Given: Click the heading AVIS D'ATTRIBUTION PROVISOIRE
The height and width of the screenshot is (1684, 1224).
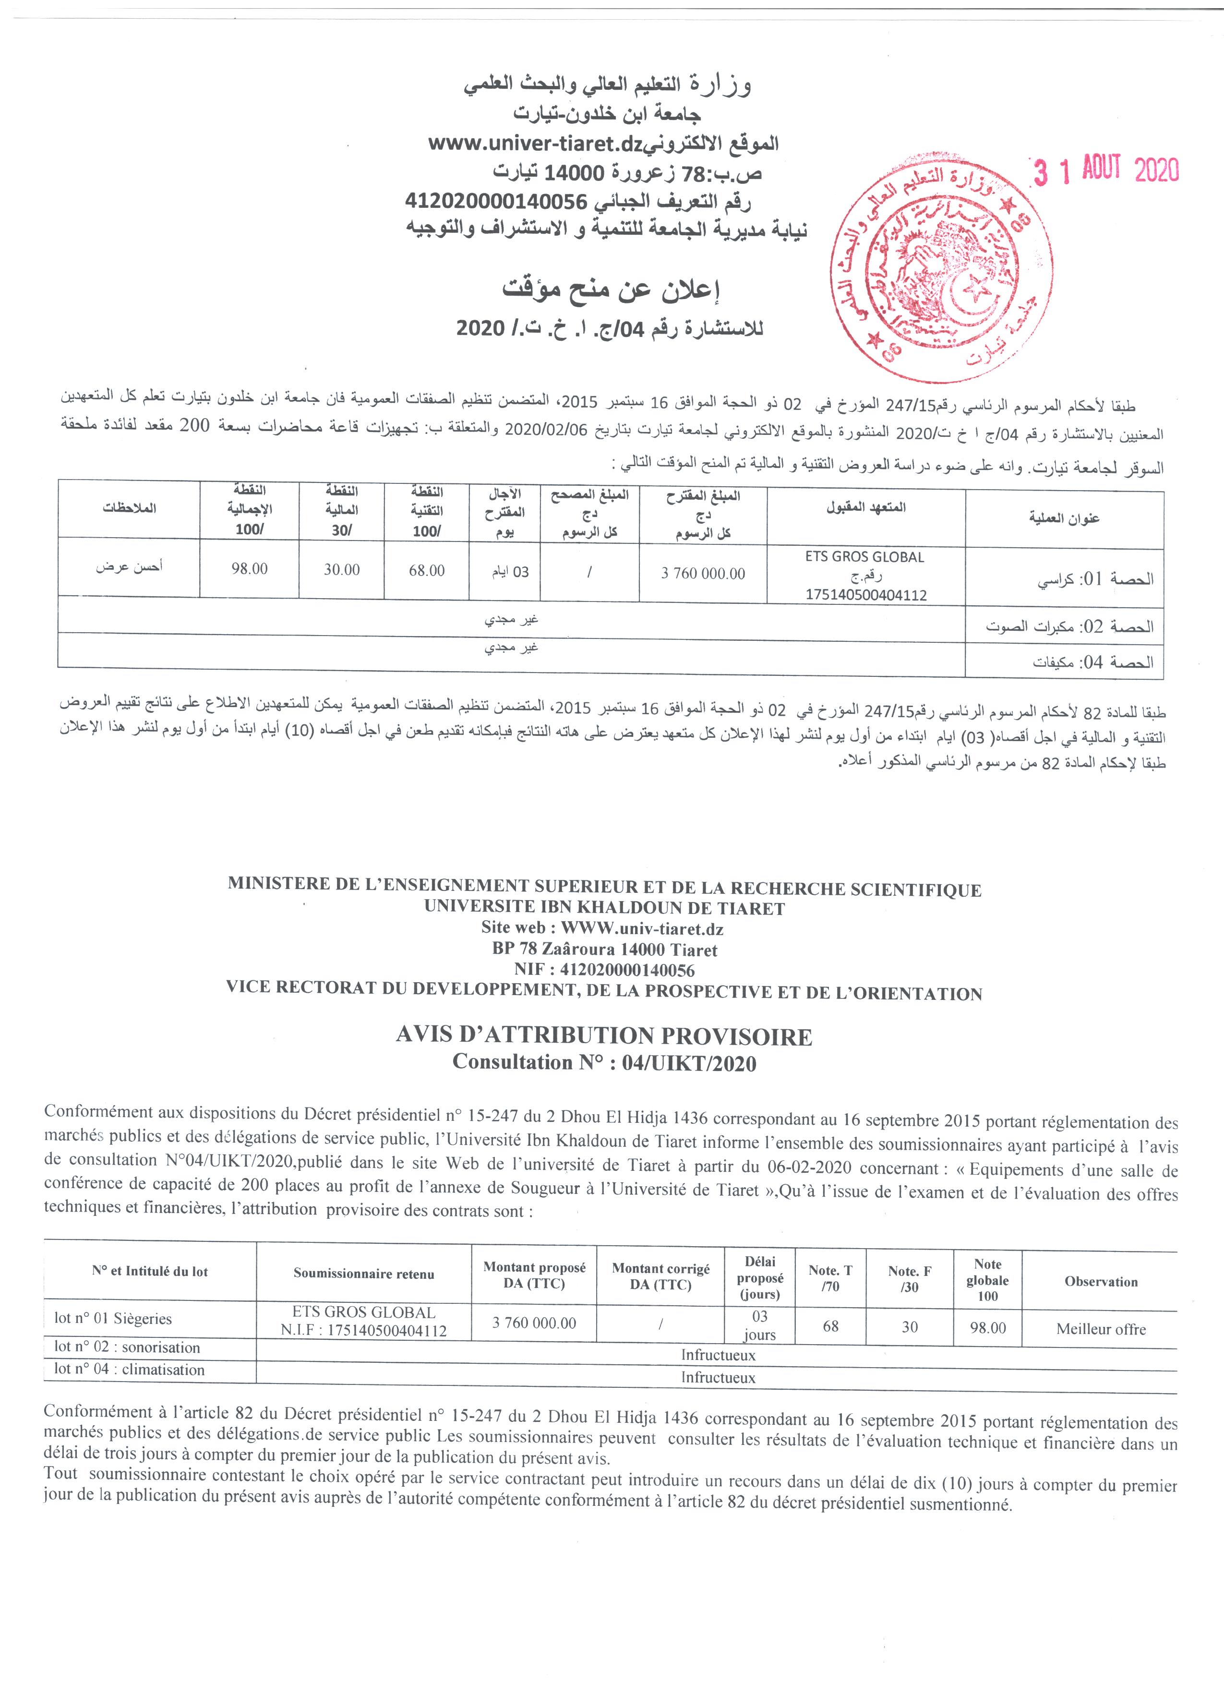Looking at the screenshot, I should point(605,1036).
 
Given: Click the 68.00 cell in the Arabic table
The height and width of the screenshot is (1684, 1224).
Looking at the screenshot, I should point(427,570).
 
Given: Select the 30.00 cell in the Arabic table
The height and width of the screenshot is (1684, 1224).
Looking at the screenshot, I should point(341,569).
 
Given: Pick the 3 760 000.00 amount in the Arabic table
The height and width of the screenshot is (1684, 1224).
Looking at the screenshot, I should point(703,573).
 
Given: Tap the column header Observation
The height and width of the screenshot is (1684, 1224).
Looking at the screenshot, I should point(1101,1282).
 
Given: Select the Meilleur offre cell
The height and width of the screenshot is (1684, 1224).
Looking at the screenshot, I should point(1101,1329).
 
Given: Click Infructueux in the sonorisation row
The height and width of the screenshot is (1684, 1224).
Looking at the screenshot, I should point(718,1355).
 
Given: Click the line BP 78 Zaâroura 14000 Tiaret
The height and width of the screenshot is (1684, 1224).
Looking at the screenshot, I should point(604,950).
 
